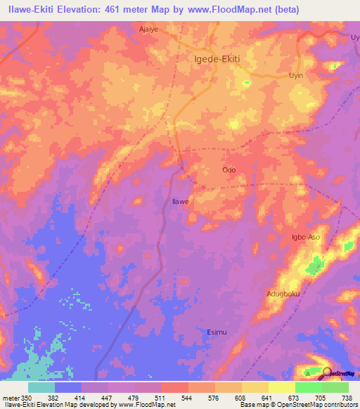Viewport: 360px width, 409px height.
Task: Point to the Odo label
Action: [x=229, y=170]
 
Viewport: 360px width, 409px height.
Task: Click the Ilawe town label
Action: [x=181, y=202]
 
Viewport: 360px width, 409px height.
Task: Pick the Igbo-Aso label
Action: [x=306, y=238]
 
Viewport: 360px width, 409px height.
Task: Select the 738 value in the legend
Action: [x=347, y=397]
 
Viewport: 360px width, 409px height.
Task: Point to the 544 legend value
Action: [x=188, y=397]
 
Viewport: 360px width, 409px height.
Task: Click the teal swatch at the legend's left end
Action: [x=41, y=387]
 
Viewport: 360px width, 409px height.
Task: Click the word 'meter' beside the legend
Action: [x=11, y=397]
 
